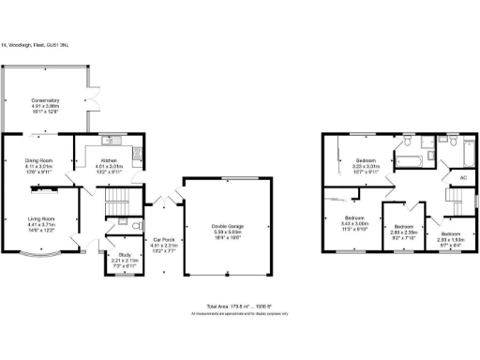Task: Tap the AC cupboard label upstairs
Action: coord(462,177)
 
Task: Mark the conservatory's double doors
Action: coord(92,99)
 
